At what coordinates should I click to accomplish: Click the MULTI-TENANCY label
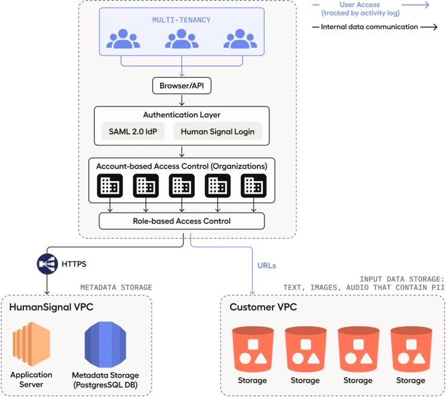click(x=181, y=20)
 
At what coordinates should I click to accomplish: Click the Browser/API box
click(x=182, y=86)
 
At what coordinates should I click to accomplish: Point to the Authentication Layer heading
click(x=182, y=115)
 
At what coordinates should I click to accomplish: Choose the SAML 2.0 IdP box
click(x=133, y=132)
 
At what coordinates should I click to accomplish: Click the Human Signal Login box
click(x=217, y=132)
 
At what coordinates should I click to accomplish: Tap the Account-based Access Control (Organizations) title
click(x=182, y=165)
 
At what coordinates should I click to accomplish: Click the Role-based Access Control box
click(x=182, y=221)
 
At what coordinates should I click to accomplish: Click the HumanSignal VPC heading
click(x=51, y=308)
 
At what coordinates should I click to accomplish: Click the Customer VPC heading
click(x=263, y=307)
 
